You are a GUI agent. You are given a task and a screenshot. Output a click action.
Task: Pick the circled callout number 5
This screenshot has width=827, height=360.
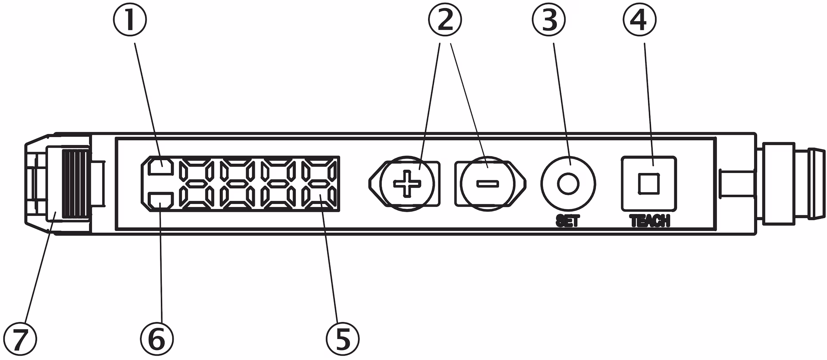tap(342, 339)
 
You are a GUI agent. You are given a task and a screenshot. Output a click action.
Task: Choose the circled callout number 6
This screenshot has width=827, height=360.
tap(157, 339)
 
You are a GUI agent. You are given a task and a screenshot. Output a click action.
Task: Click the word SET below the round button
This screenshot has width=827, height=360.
tap(568, 221)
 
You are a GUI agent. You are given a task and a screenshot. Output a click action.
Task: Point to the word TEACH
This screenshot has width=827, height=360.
tap(650, 221)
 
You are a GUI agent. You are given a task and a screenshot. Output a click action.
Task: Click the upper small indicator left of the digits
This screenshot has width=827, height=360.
tap(161, 167)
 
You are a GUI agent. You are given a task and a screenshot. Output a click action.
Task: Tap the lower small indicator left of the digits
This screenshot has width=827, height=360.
tap(161, 200)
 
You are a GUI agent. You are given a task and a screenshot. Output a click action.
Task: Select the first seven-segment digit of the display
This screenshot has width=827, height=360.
tap(197, 184)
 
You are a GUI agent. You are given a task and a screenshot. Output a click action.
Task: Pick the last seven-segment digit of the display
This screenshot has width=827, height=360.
tap(319, 184)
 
